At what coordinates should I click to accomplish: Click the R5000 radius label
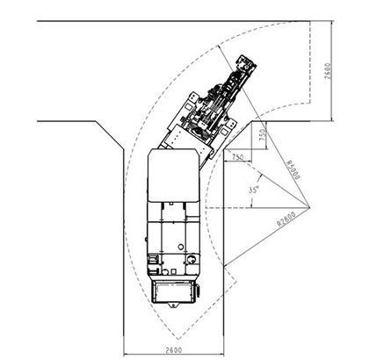click(293, 169)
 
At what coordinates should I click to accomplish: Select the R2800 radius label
click(286, 219)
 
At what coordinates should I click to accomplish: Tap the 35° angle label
click(254, 190)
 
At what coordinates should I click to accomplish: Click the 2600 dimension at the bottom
click(174, 349)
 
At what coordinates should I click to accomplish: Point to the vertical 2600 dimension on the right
click(328, 71)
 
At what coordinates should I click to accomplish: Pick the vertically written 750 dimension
click(264, 135)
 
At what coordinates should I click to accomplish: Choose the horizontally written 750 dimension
click(237, 157)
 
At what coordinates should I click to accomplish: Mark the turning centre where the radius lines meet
click(309, 207)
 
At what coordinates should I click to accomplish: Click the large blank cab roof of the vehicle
click(174, 175)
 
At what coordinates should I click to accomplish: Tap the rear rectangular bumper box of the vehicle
click(173, 292)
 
